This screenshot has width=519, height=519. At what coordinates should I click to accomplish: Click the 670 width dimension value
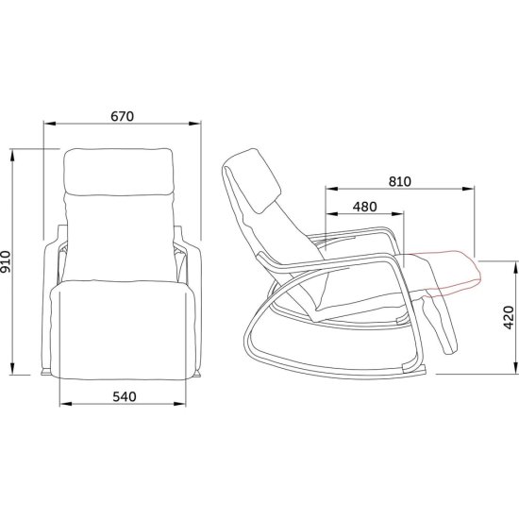click(x=123, y=117)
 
